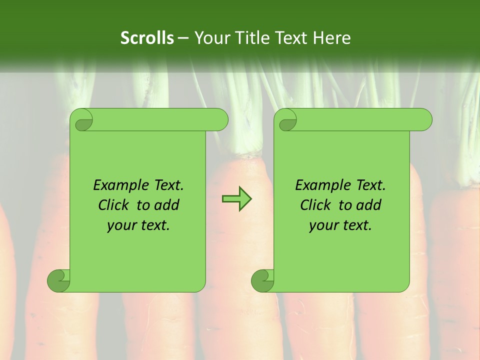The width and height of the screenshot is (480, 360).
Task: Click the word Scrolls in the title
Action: point(147,38)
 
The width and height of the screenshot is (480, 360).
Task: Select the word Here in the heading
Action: point(331,38)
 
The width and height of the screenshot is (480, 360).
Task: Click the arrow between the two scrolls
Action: point(236,199)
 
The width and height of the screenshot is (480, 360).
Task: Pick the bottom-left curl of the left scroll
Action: point(58,280)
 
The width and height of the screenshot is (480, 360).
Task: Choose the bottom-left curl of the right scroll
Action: point(262,280)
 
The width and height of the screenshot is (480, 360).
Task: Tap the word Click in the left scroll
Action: point(114,205)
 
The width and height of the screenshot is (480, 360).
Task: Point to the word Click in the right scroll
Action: point(316,205)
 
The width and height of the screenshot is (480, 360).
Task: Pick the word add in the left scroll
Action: point(166,205)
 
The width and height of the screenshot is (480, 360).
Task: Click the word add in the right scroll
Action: point(368,205)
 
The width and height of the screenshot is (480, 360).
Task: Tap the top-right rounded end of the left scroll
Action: point(220,120)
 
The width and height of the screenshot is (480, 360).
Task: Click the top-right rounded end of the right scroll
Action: point(424,120)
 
